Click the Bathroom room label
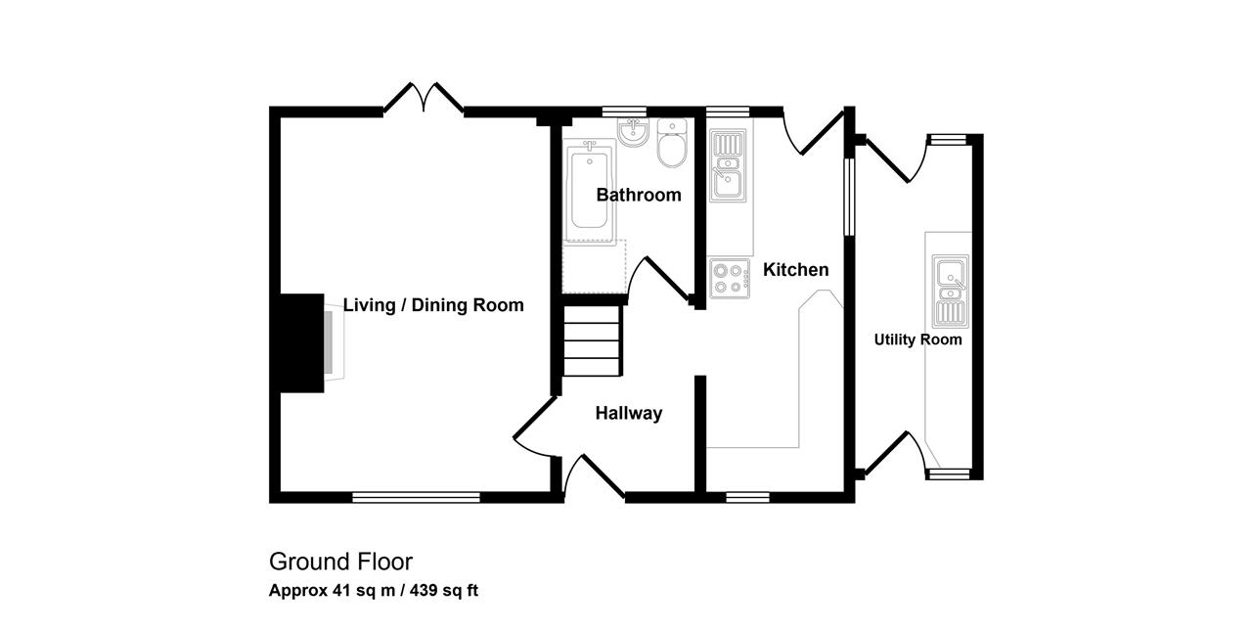point(639,195)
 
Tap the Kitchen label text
point(796,270)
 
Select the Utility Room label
point(917,339)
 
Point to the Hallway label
point(629,413)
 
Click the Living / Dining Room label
point(433,305)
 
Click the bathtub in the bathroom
point(589,190)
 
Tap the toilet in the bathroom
point(672,143)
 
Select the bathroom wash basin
point(633,132)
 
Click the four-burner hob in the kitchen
point(730,279)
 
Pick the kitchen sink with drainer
point(728,165)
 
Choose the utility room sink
point(950,291)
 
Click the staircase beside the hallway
point(592,340)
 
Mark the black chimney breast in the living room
point(302,342)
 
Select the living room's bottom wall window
point(416,497)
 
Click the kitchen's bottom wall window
point(747,497)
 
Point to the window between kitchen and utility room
point(850,197)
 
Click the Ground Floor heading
point(341,563)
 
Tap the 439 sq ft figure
point(444,591)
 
